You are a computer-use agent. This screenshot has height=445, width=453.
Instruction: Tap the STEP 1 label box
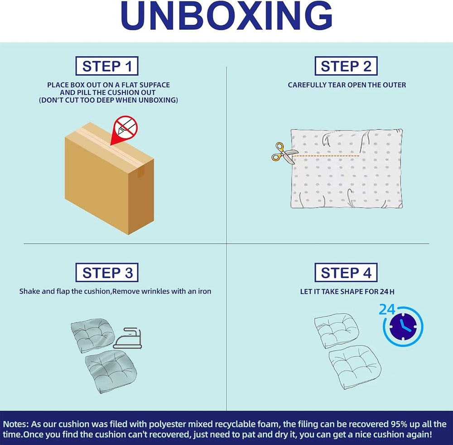pyautogui.click(x=107, y=66)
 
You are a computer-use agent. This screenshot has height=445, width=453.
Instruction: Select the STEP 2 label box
pyautogui.click(x=346, y=66)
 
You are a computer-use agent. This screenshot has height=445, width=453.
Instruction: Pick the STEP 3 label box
pyautogui.click(x=107, y=273)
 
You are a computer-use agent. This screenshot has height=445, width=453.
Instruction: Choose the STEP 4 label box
pyautogui.click(x=346, y=273)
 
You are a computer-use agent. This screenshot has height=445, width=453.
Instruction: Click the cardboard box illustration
pyautogui.click(x=109, y=179)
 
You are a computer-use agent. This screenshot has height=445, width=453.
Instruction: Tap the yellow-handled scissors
pyautogui.click(x=283, y=153)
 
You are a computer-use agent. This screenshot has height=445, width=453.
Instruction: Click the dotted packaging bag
pyautogui.click(x=347, y=168)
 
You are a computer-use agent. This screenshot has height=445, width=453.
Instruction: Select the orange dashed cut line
pyautogui.click(x=326, y=156)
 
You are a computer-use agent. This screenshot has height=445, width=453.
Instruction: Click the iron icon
pyautogui.click(x=127, y=338)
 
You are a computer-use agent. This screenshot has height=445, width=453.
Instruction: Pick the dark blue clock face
pyautogui.click(x=403, y=327)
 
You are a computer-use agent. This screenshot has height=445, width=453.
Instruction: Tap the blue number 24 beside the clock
pyautogui.click(x=387, y=309)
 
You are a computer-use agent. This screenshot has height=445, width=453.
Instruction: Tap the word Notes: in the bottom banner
pyautogui.click(x=16, y=424)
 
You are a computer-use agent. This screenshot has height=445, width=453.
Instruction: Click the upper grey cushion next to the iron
pyautogui.click(x=92, y=336)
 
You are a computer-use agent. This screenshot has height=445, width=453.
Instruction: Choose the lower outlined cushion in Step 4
pyautogui.click(x=355, y=367)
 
